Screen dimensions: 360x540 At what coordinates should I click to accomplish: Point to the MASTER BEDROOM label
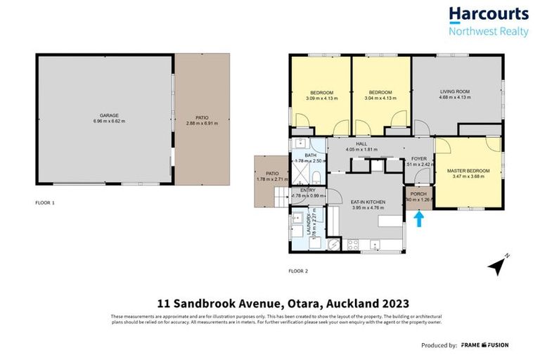click(468, 171)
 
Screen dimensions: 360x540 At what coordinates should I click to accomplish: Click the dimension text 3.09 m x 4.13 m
click(321, 98)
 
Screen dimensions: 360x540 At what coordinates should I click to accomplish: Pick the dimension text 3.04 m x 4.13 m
click(380, 98)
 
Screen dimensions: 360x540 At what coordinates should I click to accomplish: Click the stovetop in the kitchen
click(353, 245)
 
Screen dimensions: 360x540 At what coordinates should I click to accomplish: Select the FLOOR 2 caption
click(297, 271)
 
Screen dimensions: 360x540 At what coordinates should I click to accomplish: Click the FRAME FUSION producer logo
click(485, 345)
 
